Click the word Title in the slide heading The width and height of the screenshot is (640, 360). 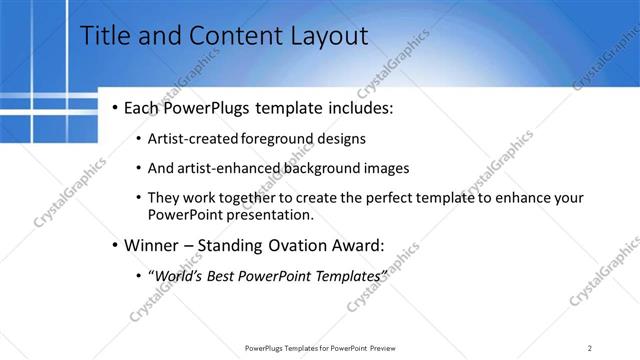tap(103, 37)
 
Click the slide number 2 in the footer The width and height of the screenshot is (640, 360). tap(589, 347)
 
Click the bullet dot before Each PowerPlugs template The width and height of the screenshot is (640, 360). tap(116, 107)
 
